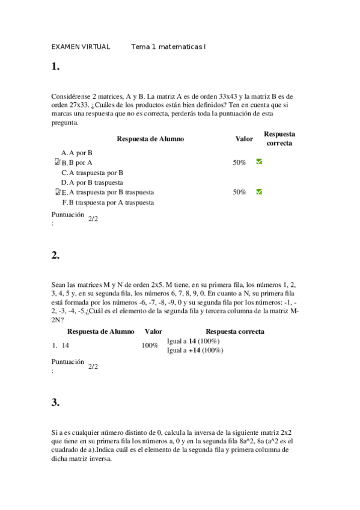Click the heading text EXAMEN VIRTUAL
pyautogui.click(x=81, y=47)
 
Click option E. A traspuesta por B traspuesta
pyautogui.click(x=108, y=192)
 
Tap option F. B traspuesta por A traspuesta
pyautogui.click(x=108, y=202)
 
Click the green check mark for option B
pyautogui.click(x=259, y=162)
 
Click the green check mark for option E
pyautogui.click(x=259, y=192)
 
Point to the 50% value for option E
pyautogui.click(x=239, y=192)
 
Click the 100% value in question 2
pyautogui.click(x=150, y=346)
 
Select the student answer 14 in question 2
pyautogui.click(x=66, y=345)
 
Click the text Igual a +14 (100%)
pyautogui.click(x=193, y=350)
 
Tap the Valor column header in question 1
pyautogui.click(x=243, y=139)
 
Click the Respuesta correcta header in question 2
pyautogui.click(x=235, y=331)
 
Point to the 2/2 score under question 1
pyautogui.click(x=93, y=219)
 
